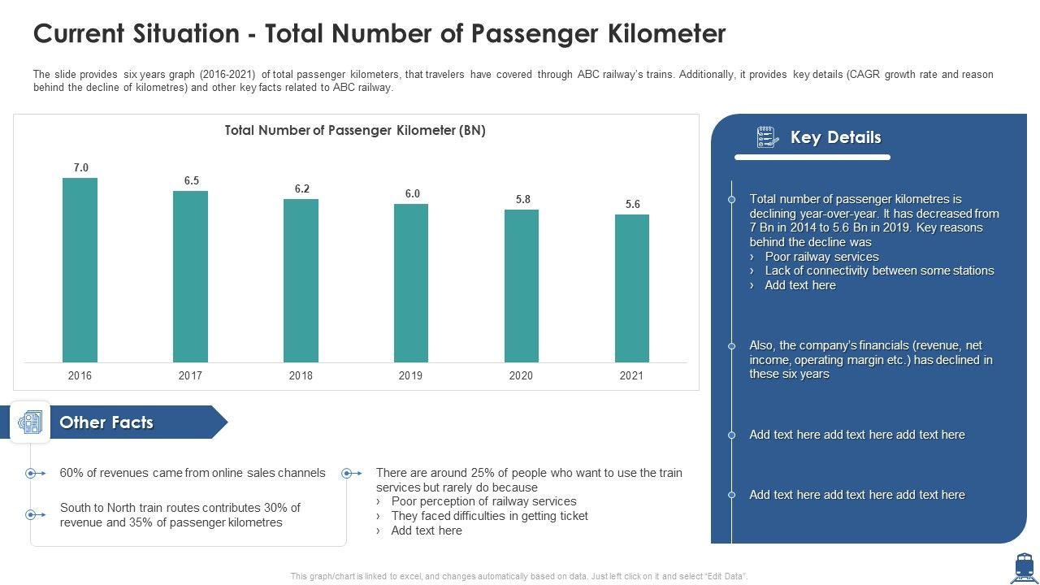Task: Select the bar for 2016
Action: point(80,270)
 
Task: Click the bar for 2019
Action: point(411,283)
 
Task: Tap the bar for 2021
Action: point(632,288)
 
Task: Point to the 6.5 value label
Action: point(192,180)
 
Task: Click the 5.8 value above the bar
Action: point(522,199)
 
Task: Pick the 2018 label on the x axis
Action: point(301,375)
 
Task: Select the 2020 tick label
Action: point(521,375)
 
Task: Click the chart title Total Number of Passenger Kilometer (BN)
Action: point(355,130)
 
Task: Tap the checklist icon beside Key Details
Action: point(768,137)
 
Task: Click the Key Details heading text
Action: point(835,137)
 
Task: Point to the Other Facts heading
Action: point(106,422)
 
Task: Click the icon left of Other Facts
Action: point(31,422)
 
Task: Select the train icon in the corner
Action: point(1023,567)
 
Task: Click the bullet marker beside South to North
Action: point(31,514)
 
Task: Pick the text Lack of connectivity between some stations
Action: point(879,271)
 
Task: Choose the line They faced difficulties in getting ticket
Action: point(489,516)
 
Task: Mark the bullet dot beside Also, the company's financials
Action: point(732,345)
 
